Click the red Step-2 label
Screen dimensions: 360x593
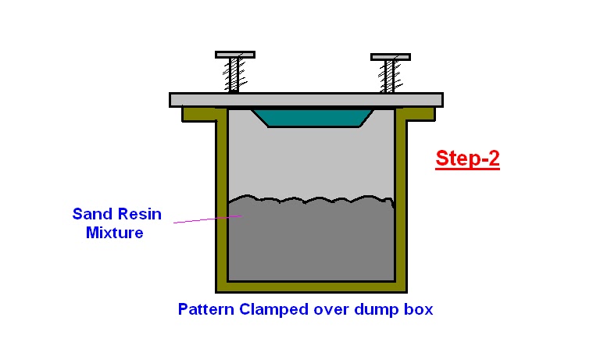click(x=467, y=159)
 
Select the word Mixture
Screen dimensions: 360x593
click(x=114, y=232)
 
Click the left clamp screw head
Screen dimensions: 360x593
click(x=234, y=55)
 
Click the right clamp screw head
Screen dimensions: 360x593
click(x=390, y=57)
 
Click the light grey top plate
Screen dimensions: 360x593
click(x=305, y=100)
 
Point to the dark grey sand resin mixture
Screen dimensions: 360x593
click(x=313, y=242)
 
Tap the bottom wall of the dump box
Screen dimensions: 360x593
click(x=313, y=287)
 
